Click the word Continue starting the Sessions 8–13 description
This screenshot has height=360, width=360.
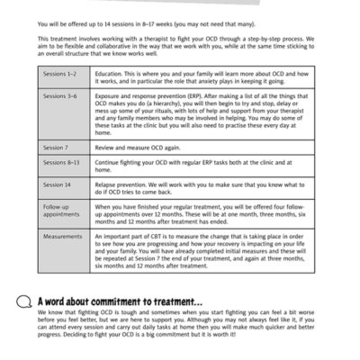click(x=112, y=162)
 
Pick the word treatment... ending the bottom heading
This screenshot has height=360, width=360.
click(x=179, y=301)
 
